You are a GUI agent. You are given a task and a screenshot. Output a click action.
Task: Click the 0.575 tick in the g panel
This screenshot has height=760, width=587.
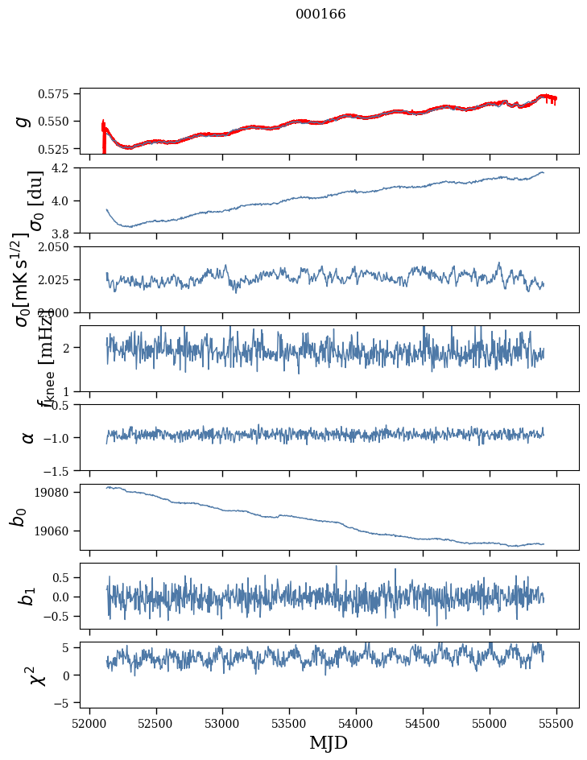click(60, 94)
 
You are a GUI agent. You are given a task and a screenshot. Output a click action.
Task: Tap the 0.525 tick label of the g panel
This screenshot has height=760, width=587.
click(60, 150)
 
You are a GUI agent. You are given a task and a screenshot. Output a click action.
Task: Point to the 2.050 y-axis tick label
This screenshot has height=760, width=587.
click(60, 247)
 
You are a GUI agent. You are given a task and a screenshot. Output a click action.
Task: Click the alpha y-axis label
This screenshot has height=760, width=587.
click(28, 437)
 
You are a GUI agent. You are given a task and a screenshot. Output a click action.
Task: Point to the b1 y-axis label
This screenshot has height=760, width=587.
click(28, 596)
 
